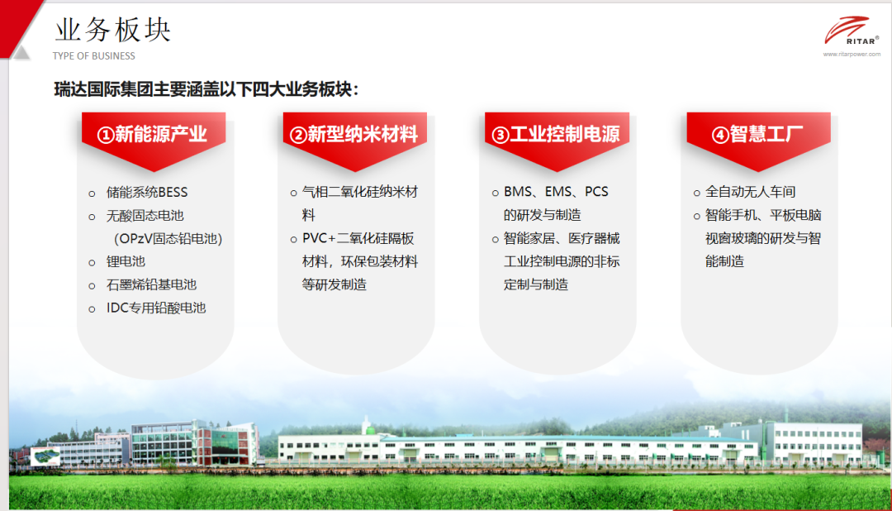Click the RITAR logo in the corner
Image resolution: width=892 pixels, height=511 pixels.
pyautogui.click(x=851, y=31)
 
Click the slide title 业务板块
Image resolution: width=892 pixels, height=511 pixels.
pyautogui.click(x=112, y=30)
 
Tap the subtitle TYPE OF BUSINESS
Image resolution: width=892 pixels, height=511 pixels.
pyautogui.click(x=94, y=56)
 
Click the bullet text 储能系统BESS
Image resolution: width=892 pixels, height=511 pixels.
pyautogui.click(x=147, y=193)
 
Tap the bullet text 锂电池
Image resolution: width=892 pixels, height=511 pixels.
pyautogui.click(x=126, y=261)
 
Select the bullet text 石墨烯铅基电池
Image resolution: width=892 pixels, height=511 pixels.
pyautogui.click(x=151, y=284)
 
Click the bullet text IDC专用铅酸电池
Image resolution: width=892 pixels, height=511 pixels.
pyautogui.click(x=156, y=308)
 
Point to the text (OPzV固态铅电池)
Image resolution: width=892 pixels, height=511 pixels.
pyautogui.click(x=168, y=239)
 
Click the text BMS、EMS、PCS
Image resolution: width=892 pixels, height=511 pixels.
pyautogui.click(x=556, y=192)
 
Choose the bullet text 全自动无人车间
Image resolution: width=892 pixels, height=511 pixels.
pyautogui.click(x=750, y=192)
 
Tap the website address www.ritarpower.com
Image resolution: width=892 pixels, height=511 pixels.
pyautogui.click(x=852, y=54)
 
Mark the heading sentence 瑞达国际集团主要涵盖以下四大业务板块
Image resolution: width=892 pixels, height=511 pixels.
pyautogui.click(x=203, y=89)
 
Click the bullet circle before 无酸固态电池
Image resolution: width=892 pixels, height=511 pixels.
pyautogui.click(x=93, y=217)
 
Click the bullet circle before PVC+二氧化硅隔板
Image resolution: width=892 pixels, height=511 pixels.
pyautogui.click(x=293, y=240)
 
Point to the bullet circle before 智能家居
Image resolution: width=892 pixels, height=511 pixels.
pyautogui.click(x=496, y=240)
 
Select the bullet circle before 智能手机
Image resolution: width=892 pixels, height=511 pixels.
pyautogui.click(x=697, y=217)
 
